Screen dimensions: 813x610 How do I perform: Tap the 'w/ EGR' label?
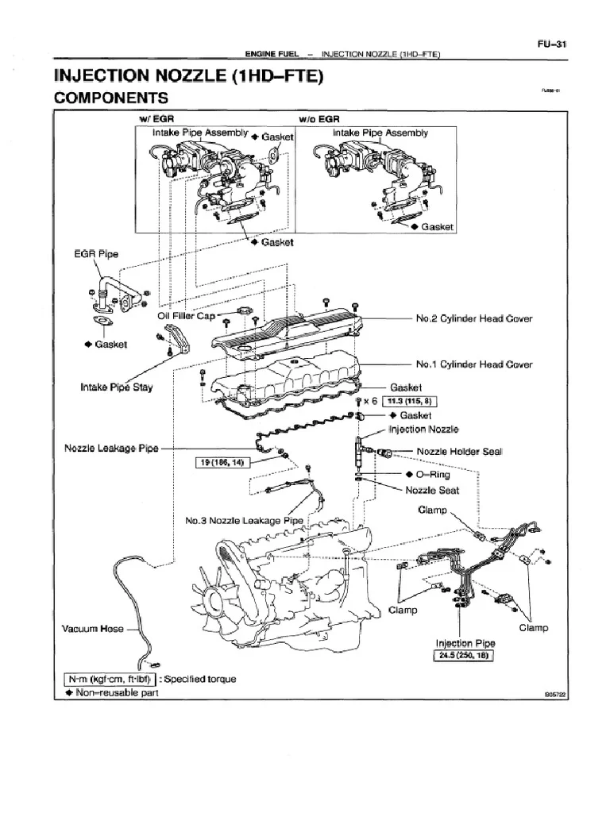(154, 120)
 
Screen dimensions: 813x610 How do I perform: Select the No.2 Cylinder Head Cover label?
(474, 318)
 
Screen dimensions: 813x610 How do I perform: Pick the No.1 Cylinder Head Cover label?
(474, 364)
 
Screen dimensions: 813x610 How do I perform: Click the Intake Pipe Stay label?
(116, 387)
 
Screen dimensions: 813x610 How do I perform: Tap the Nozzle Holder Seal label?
(460, 452)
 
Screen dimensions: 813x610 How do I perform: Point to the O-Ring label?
(432, 475)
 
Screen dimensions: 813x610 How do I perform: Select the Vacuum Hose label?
(93, 629)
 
